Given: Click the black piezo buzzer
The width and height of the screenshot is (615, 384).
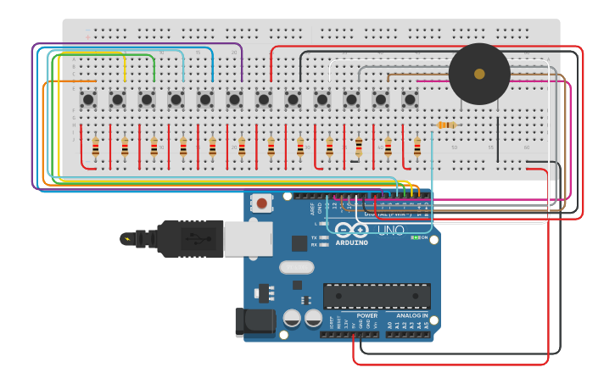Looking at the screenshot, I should coord(479,74).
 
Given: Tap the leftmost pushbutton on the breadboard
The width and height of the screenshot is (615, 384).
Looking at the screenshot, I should coord(88,99).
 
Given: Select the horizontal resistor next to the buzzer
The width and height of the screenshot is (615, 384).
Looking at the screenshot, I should coord(446,125).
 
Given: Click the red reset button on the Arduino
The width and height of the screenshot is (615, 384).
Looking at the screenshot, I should coord(262,203).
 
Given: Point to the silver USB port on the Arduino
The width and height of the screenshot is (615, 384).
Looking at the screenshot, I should coord(248,239).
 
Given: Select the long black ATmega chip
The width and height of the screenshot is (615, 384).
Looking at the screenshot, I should coord(376,296).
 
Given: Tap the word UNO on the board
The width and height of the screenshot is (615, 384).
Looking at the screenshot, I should coord(390,231).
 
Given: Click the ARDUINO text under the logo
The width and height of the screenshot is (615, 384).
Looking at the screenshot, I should coord(351,242).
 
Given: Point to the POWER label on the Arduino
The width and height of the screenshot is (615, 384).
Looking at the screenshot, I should coord(366,315).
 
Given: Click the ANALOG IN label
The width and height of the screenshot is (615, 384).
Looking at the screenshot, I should coord(412,315).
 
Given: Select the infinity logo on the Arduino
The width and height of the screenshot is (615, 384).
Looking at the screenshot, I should coord(351,230).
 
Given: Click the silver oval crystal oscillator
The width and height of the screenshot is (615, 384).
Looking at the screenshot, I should coord(296,267).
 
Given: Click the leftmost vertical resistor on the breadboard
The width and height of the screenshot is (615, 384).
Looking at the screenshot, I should coord(96,147).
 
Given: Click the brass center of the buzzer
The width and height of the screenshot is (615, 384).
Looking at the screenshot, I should coord(479,74).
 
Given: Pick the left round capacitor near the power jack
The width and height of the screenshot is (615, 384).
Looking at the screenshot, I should coord(292,318).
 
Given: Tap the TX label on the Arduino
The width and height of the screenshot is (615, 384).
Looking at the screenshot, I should coord(315,237).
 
